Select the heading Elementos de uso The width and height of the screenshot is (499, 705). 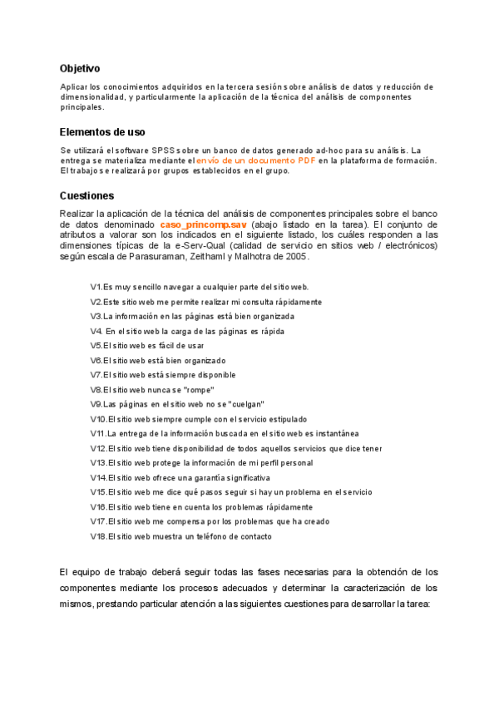click(102, 131)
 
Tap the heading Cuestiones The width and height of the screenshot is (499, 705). click(86, 195)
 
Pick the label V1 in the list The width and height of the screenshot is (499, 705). click(96, 287)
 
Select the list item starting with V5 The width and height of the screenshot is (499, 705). click(147, 346)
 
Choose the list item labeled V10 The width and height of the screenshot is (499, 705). click(199, 419)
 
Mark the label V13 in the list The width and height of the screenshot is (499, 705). click(98, 463)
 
